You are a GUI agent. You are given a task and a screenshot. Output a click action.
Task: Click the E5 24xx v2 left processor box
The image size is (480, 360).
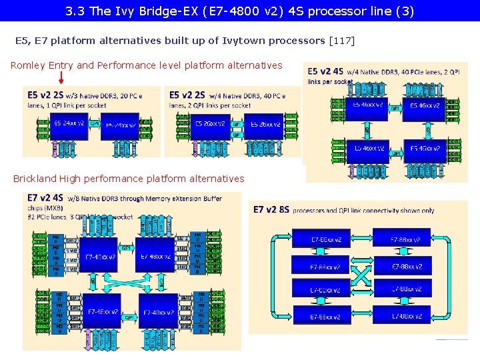[64, 125]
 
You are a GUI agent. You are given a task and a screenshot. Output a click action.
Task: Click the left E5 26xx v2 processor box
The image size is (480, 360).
[209, 125]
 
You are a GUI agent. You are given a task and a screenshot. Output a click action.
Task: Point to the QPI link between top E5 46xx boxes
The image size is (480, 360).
[395, 107]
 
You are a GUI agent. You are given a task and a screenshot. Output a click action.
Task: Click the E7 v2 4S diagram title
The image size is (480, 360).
[45, 198]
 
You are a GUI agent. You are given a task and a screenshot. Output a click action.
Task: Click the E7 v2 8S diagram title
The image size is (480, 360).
[271, 210]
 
